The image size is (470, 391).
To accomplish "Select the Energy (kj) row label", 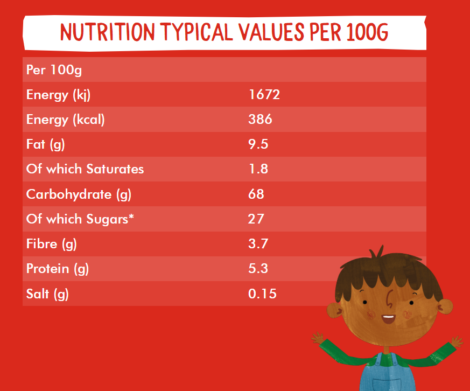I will point(58,95).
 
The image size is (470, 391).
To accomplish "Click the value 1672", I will point(264,95).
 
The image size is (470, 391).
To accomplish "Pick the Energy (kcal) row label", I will point(65,120).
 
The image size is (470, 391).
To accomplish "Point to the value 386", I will point(260,120).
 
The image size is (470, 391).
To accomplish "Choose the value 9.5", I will point(258,144).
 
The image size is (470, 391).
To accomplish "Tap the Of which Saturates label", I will point(85,169).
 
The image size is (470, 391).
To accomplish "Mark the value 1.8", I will point(258,169).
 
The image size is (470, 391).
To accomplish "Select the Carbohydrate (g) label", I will point(79,194).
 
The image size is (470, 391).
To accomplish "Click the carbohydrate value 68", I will point(256,194).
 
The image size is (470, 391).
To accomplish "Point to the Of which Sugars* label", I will point(80,219).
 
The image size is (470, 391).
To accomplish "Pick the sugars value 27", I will point(256,219).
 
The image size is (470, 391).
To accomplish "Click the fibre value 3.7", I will point(258,243).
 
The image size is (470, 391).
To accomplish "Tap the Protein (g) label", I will point(58,268).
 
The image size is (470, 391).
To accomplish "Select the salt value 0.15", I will point(262,294).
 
